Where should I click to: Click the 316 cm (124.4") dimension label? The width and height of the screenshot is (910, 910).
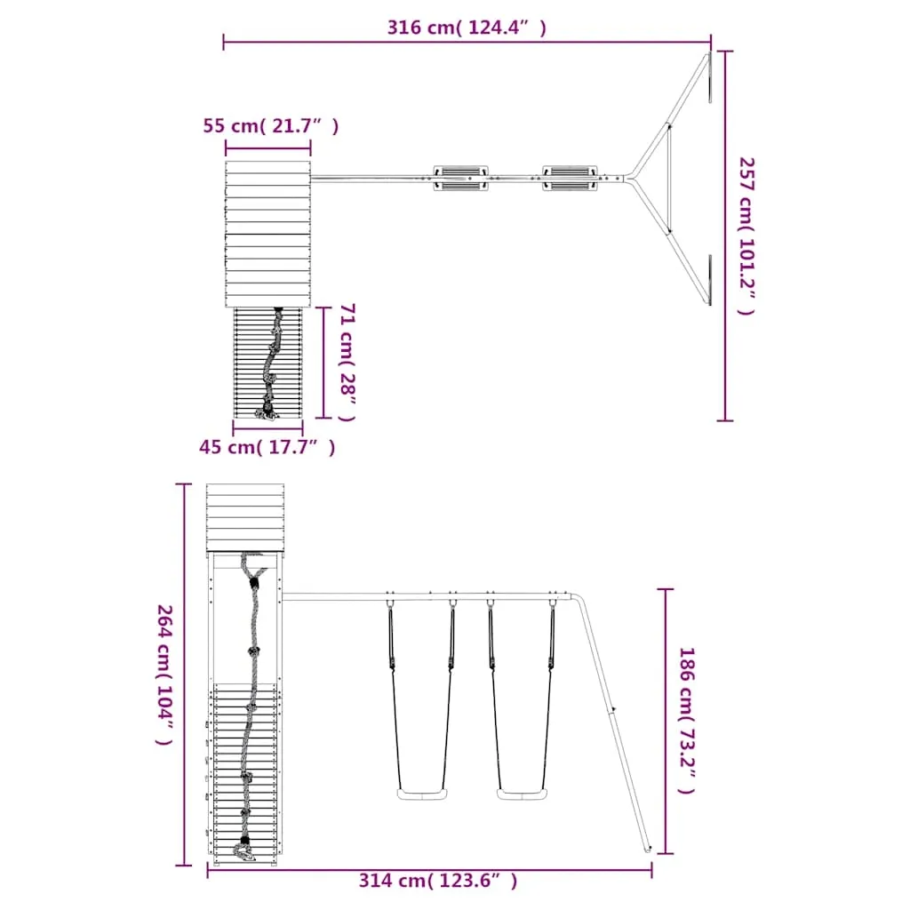pyautogui.click(x=467, y=28)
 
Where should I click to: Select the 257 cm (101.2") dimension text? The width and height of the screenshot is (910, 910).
pyautogui.click(x=746, y=235)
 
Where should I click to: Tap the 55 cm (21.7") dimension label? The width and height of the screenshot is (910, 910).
pyautogui.click(x=270, y=125)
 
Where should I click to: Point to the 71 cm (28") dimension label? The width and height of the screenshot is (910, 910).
pyautogui.click(x=347, y=363)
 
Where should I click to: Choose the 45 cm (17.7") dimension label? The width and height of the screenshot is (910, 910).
pyautogui.click(x=267, y=447)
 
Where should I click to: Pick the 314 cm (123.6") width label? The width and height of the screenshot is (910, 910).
pyautogui.click(x=437, y=881)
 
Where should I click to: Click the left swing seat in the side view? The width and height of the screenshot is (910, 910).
pyautogui.click(x=422, y=794)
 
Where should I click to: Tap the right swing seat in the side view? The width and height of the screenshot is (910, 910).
pyautogui.click(x=522, y=794)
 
